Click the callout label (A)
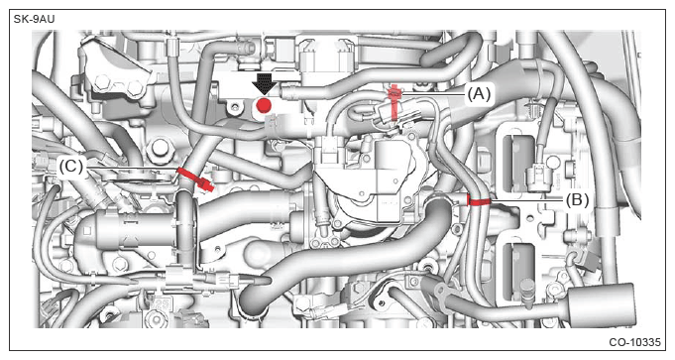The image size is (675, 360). [x=479, y=93]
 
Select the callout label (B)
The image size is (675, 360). [x=577, y=199]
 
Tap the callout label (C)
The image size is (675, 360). [x=71, y=166]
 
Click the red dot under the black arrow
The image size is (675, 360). [x=264, y=105]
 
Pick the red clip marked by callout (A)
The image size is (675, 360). [x=394, y=102]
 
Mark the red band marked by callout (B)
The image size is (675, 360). [x=478, y=201]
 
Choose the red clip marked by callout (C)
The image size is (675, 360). [x=194, y=179]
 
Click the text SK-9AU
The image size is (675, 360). [x=34, y=20]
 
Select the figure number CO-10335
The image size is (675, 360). [x=634, y=342]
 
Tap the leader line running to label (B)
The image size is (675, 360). [x=527, y=200]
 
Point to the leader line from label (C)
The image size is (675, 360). [x=130, y=168]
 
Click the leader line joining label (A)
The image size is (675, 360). [x=433, y=93]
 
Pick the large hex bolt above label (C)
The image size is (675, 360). [x=160, y=147]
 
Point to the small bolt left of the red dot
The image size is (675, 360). [x=234, y=105]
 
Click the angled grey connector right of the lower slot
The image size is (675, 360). [x=584, y=258]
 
